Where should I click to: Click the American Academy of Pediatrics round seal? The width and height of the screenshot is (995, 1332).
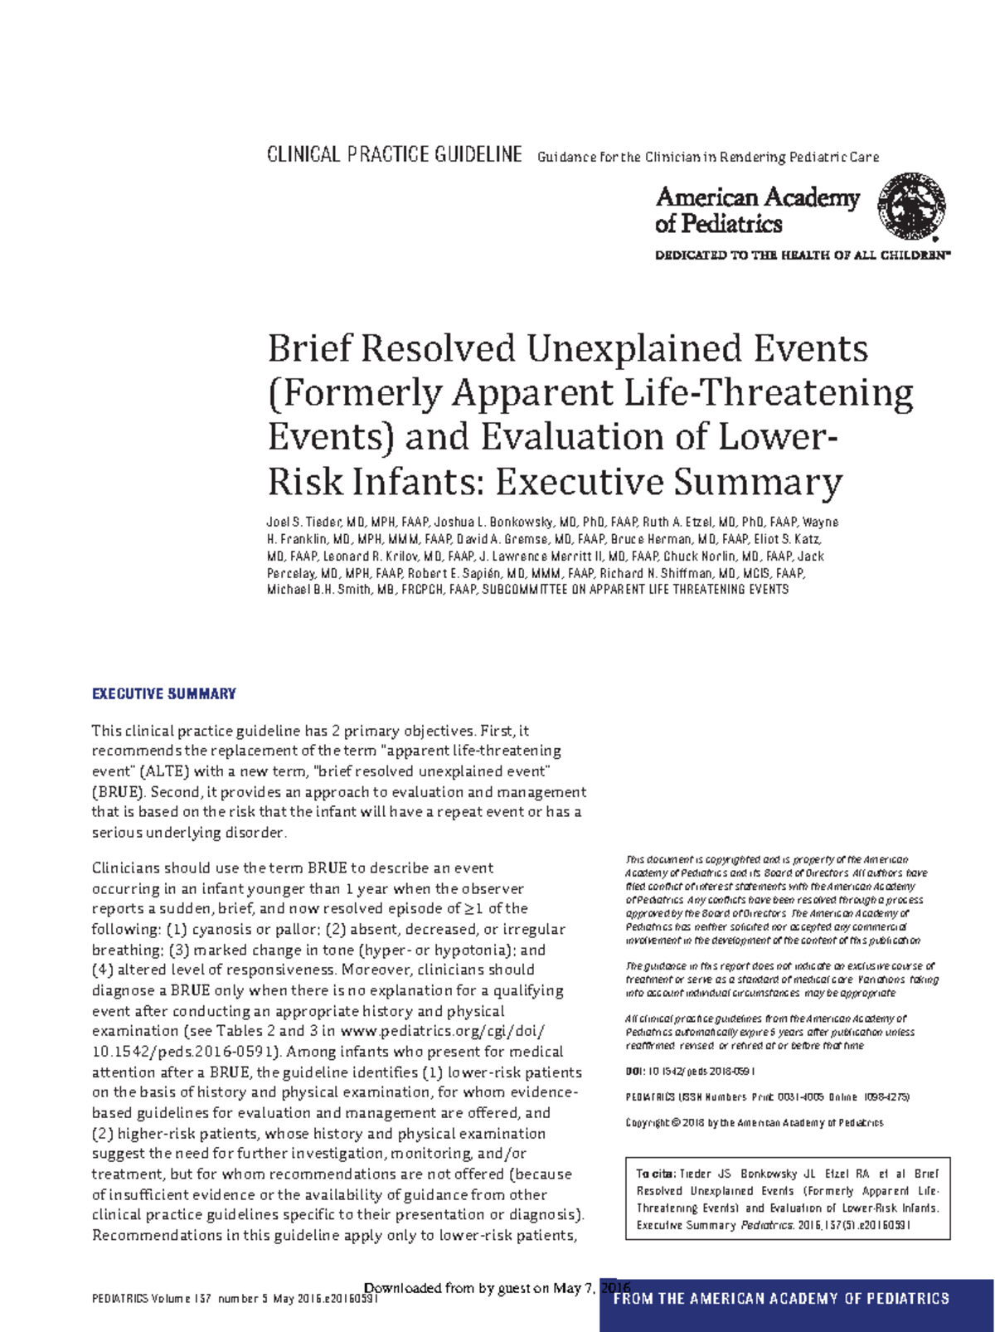click(x=912, y=207)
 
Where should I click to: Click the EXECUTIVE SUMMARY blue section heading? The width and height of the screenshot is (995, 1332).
click(x=163, y=693)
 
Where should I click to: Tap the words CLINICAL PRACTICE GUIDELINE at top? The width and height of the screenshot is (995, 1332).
click(x=394, y=155)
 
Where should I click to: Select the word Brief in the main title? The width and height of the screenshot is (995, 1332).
click(x=308, y=348)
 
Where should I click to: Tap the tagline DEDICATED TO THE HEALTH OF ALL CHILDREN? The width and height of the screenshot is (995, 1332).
click(x=801, y=255)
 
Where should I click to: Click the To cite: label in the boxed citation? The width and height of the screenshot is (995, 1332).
click(x=655, y=1174)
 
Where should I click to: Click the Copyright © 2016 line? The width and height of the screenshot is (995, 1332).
click(x=754, y=1123)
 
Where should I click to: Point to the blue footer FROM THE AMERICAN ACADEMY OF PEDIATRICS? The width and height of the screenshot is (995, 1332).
click(x=780, y=1298)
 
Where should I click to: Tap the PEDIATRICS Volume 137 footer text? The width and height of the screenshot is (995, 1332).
click(x=235, y=1299)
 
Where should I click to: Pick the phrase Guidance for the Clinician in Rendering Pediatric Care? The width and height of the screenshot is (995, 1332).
click(x=708, y=157)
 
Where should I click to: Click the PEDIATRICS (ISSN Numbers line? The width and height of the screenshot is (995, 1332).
click(x=767, y=1097)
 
